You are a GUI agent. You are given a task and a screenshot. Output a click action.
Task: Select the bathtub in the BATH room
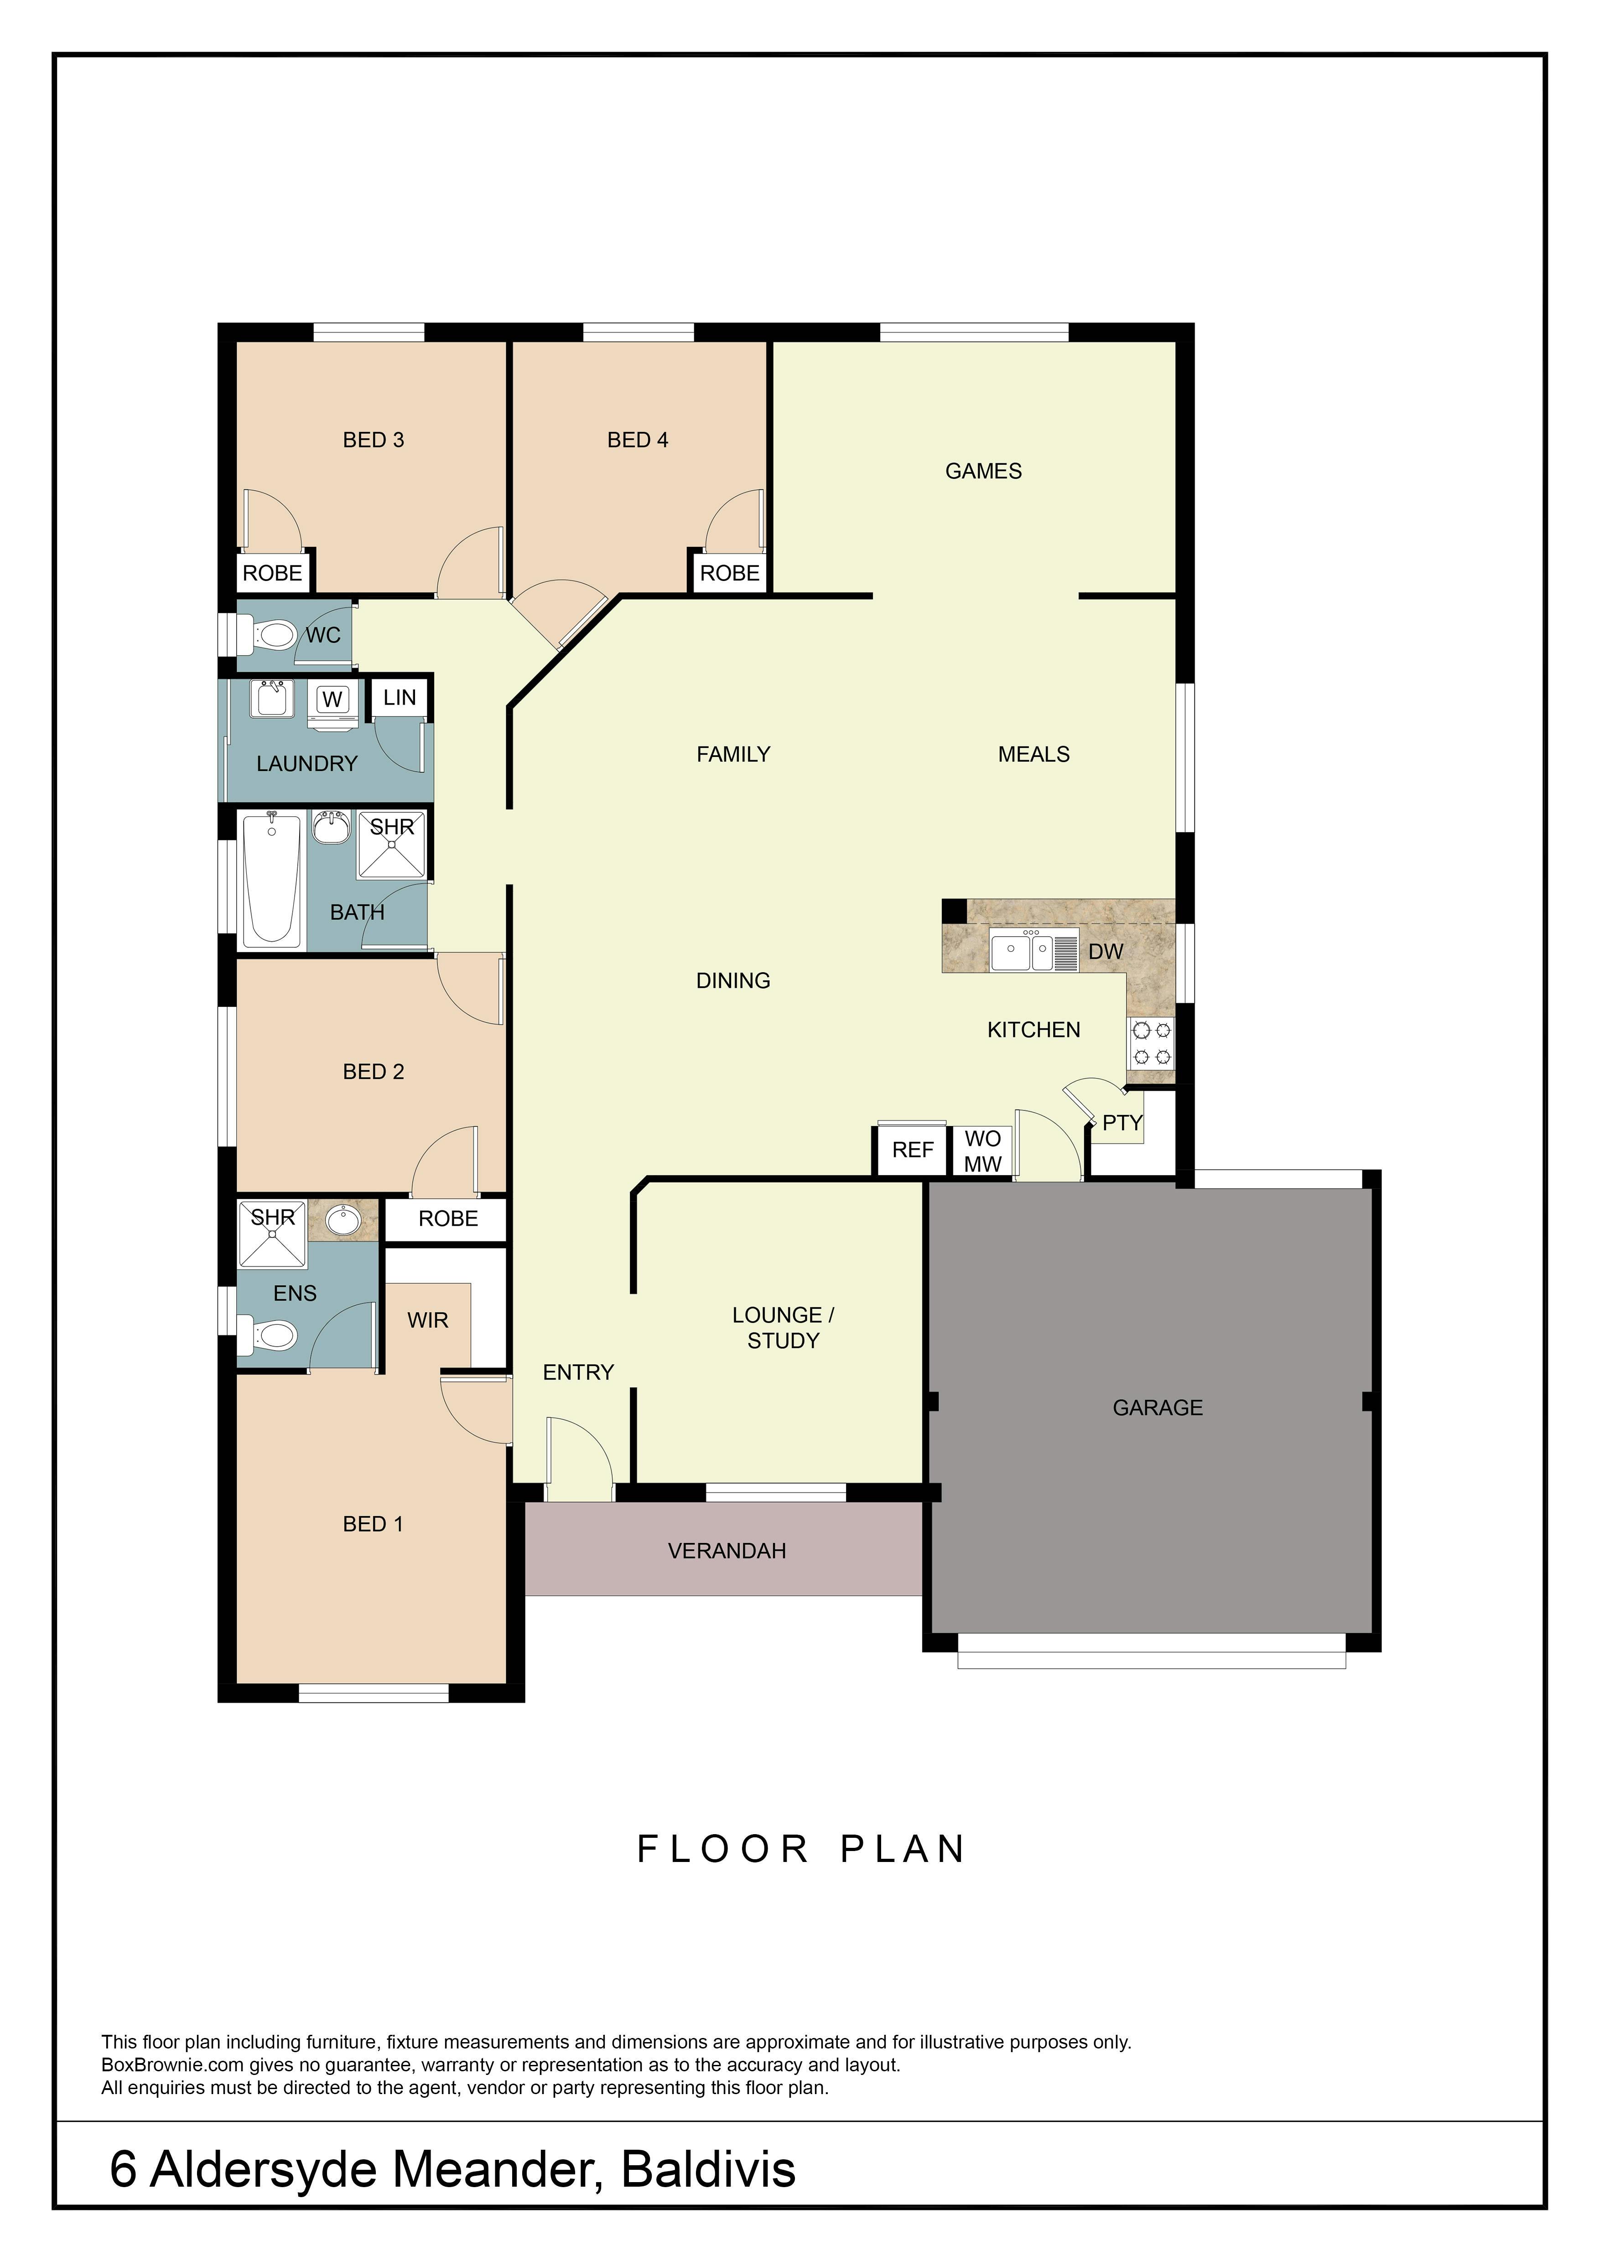(x=272, y=879)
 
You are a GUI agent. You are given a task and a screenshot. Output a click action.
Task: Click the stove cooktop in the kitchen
(x=1151, y=1043)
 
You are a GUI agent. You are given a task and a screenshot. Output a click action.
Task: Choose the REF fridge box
(x=913, y=1150)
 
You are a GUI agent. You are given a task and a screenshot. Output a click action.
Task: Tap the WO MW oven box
(x=983, y=1151)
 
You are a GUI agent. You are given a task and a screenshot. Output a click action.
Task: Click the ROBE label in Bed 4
(x=730, y=573)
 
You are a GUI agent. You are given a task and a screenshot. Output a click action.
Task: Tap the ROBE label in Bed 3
(x=273, y=573)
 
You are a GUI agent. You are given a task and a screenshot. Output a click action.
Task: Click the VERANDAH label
(x=727, y=1551)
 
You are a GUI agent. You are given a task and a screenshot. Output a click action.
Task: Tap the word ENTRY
(x=578, y=1372)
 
